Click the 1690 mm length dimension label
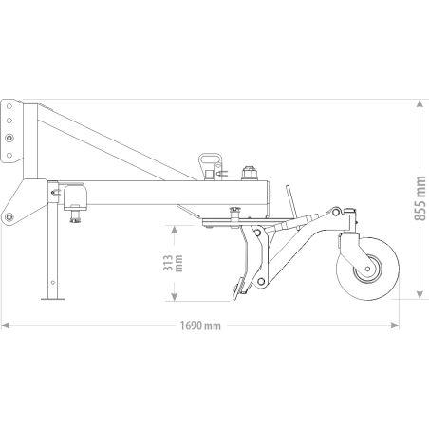200,326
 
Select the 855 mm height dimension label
420,198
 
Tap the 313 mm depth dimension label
173,263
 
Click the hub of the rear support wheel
367,269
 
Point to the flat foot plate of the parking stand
53,299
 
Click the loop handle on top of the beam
210,161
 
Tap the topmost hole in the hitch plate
9,106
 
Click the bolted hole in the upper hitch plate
9,138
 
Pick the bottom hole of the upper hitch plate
9,155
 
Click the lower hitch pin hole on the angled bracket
9,216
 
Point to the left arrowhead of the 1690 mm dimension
6,326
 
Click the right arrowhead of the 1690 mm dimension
395,326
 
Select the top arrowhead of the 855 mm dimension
420,103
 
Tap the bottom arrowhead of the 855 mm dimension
420,295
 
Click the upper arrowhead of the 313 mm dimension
174,230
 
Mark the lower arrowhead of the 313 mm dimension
174,297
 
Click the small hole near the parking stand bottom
53,282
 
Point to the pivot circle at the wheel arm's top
336,211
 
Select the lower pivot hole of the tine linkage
261,281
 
